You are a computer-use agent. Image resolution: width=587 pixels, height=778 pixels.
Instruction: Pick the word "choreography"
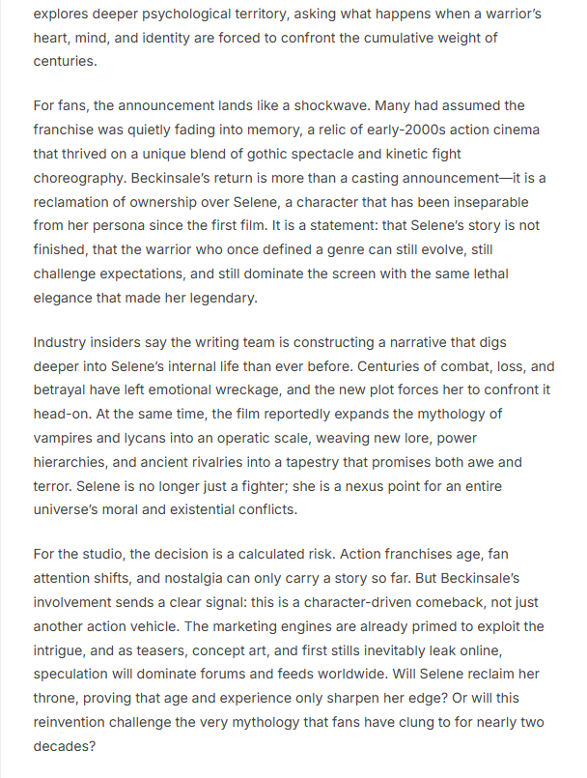coord(80,178)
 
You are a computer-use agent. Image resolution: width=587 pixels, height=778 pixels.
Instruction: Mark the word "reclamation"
coord(77,202)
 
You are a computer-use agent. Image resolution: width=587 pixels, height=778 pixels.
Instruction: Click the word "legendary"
coord(222,299)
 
